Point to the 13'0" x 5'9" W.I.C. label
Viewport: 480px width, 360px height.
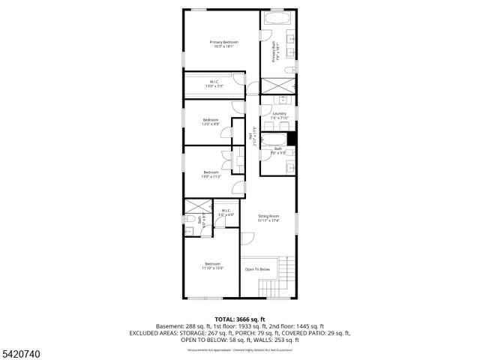pyautogui.click(x=214, y=84)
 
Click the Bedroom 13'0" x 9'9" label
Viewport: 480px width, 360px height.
pyautogui.click(x=211, y=121)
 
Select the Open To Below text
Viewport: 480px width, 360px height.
pyautogui.click(x=256, y=268)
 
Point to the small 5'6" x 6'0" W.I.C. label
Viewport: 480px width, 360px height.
pyautogui.click(x=226, y=212)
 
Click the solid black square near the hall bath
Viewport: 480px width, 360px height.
pyautogui.click(x=292, y=139)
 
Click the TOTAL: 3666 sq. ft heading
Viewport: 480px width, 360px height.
pyautogui.click(x=240, y=319)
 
